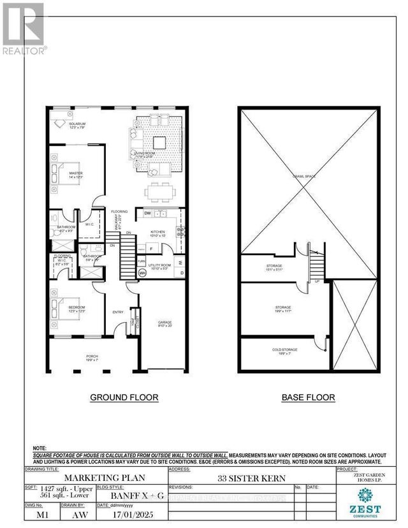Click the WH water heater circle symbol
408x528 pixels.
tap(142, 274)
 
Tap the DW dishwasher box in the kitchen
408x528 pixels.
tap(147, 214)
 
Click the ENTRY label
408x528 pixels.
tap(118, 312)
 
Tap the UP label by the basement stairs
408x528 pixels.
tap(316, 280)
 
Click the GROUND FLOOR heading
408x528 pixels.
tap(124, 397)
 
